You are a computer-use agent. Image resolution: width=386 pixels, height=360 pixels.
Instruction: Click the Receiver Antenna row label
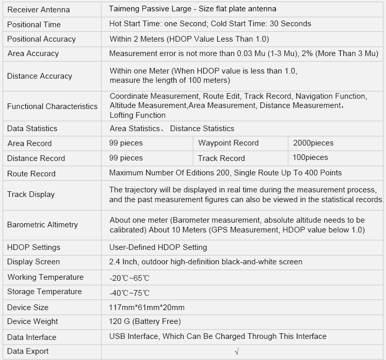[38, 10]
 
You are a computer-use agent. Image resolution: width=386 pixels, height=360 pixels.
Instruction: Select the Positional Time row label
[33, 24]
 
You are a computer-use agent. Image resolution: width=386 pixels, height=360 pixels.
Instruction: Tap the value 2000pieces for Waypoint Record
[313, 143]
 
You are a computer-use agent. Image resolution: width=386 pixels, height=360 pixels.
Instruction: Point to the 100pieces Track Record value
[310, 157]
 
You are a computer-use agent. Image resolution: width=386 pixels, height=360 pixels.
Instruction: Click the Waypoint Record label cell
[228, 143]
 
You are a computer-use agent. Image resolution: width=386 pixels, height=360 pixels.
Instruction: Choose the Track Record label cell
[221, 158]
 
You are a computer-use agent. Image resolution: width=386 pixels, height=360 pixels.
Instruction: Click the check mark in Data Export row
[236, 352]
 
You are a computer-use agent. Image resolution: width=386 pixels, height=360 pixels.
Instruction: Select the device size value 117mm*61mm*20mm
[147, 308]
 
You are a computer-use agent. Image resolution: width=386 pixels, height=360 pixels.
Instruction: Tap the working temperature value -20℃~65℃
[129, 278]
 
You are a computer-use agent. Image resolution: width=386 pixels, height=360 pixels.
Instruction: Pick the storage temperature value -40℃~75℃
[129, 293]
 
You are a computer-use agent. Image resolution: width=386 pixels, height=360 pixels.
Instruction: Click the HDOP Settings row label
[33, 247]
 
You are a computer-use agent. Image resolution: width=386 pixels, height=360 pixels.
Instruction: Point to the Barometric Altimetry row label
[42, 225]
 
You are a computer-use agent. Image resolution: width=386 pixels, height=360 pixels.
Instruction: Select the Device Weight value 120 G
[145, 321]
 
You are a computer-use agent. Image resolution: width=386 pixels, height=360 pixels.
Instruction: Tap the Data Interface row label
[31, 337]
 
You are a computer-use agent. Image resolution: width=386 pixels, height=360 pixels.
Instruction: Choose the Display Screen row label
[33, 262]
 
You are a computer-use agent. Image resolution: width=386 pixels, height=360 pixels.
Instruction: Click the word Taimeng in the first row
[124, 9]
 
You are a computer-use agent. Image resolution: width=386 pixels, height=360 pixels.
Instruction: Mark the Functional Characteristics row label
[52, 106]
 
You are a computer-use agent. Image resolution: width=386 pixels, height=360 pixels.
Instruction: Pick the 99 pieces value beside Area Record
[126, 143]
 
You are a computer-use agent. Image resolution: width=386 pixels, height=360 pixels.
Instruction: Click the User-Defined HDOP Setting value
[158, 247]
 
